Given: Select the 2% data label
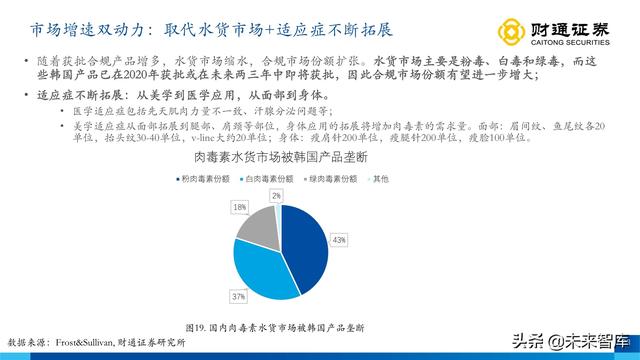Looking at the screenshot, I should [277, 197].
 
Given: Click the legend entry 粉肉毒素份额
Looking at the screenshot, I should [209, 179].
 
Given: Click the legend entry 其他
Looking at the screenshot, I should [384, 179].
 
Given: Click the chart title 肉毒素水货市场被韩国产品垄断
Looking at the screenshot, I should [283, 158].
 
